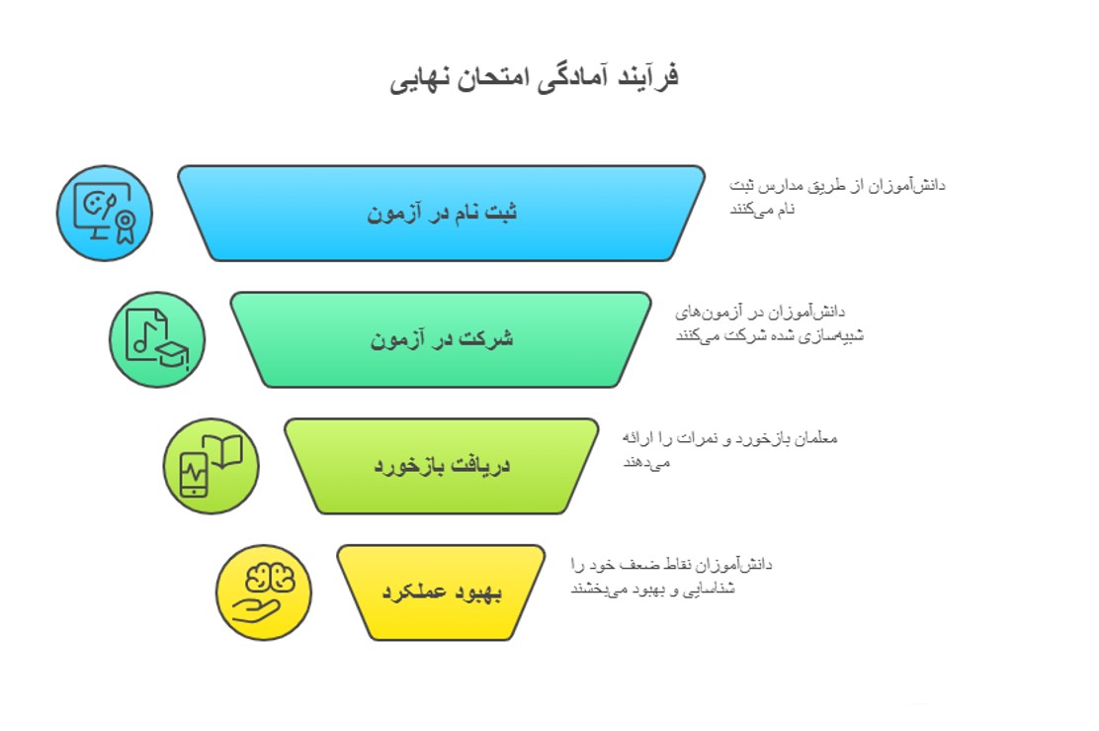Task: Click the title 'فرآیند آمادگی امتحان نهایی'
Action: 534,78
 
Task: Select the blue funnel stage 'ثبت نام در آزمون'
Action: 442,213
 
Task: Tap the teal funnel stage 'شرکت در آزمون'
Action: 442,339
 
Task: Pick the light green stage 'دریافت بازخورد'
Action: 442,466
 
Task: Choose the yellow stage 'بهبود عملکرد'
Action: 442,593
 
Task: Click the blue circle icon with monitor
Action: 105,213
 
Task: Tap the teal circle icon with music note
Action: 157,339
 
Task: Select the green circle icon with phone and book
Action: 211,466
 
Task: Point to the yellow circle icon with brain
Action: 264,593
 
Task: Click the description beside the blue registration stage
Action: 837,196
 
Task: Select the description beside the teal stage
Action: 770,323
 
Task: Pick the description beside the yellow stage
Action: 672,576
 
